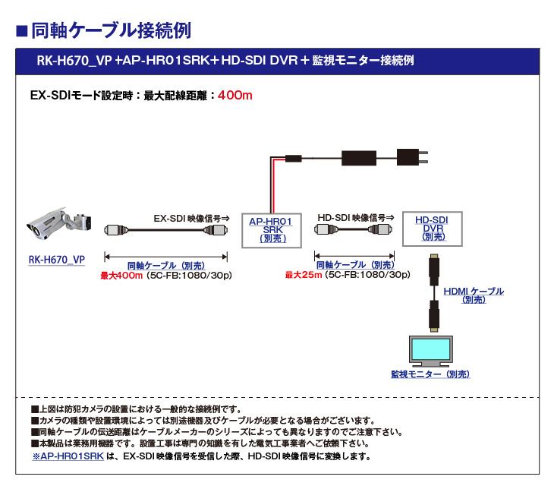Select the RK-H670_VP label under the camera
[x=56, y=260]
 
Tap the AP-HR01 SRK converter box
[x=271, y=229]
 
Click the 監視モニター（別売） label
[x=430, y=374]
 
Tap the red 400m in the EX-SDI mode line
[x=235, y=96]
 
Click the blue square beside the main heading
[x=22, y=31]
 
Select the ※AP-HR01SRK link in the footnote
[x=68, y=456]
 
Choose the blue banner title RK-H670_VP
[x=75, y=60]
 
